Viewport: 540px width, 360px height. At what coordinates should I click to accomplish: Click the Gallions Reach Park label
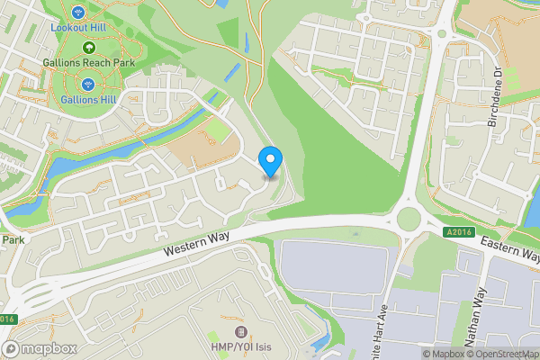pos(88,64)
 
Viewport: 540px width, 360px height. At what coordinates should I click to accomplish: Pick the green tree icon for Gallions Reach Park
pos(88,48)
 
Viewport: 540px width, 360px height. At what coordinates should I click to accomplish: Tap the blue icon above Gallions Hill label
pos(88,83)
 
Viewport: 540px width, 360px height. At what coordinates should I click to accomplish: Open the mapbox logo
pos(40,349)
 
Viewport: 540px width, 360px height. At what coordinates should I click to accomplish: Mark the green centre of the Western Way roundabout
pos(408,219)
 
